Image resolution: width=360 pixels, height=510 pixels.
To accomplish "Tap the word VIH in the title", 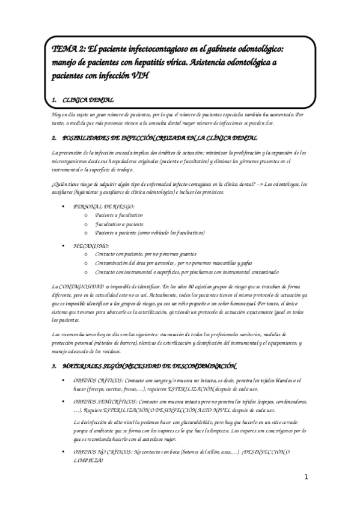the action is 136,76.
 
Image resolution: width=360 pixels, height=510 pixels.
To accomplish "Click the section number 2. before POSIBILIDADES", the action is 55,138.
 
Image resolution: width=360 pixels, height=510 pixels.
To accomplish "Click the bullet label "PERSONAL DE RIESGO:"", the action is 100,206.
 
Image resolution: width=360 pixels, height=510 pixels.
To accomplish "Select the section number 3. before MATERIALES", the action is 55,366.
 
